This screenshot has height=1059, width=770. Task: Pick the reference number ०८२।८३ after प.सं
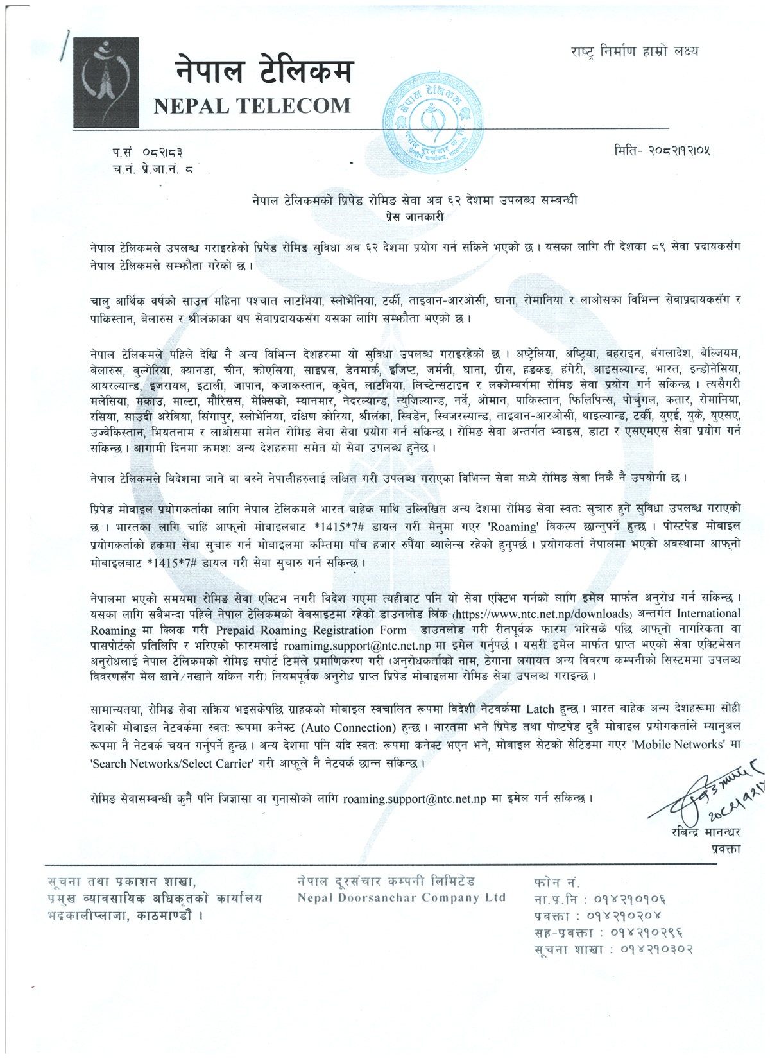click(164, 153)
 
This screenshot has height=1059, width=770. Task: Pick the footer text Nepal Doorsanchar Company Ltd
click(401, 897)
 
